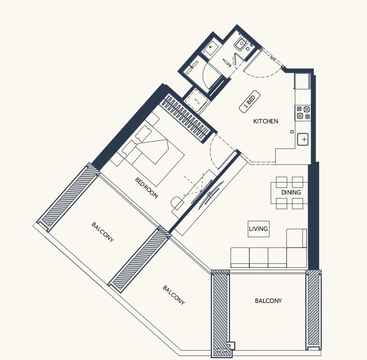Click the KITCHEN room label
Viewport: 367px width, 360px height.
266,121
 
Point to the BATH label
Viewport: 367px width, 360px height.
227,62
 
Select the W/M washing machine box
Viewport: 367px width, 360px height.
194,101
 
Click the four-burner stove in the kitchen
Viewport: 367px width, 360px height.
303,112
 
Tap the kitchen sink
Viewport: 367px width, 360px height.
303,139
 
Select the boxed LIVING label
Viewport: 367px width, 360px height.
258,229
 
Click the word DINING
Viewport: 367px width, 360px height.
291,192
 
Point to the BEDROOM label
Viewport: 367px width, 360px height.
146,188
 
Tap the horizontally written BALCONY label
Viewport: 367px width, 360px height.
268,301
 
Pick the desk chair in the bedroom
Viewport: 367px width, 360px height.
177,203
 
